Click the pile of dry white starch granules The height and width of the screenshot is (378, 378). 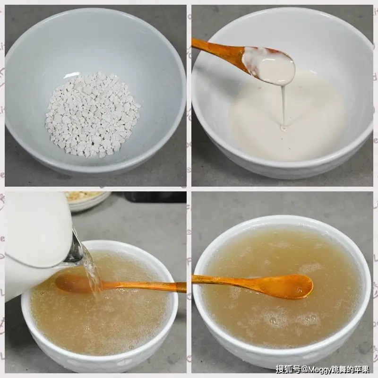(x=92, y=116)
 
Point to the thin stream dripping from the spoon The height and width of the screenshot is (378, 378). (x=283, y=106)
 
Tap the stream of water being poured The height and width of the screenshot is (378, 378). (x=92, y=274)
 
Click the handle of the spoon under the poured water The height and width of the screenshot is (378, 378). (x=142, y=286)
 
